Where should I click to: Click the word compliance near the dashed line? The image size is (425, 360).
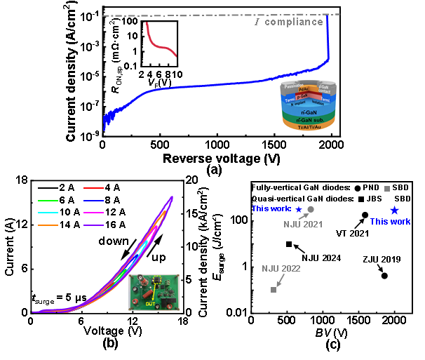[x=294, y=22]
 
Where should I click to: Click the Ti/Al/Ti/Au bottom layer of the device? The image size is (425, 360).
[x=308, y=127]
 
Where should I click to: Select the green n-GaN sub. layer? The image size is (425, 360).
[x=308, y=119]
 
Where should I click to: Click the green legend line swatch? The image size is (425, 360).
[x=48, y=201]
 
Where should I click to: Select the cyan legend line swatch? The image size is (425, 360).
[x=48, y=213]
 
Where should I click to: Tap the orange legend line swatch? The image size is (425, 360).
[x=48, y=225]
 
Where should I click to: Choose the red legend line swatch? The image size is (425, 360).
[x=93, y=188]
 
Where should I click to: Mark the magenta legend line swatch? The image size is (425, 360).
[x=93, y=212]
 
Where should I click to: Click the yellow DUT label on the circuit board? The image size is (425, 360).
[x=149, y=305]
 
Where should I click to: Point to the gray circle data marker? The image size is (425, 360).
[x=311, y=209]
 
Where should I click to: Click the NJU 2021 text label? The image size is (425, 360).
[x=303, y=225]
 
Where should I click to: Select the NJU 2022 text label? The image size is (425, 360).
[x=281, y=269]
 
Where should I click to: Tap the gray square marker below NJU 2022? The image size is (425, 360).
[x=274, y=289]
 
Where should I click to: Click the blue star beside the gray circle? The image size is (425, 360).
[x=299, y=209]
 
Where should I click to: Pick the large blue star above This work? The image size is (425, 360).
[x=394, y=211]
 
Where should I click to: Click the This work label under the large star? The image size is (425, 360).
[x=391, y=222]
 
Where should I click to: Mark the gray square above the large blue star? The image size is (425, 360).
[x=387, y=189]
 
